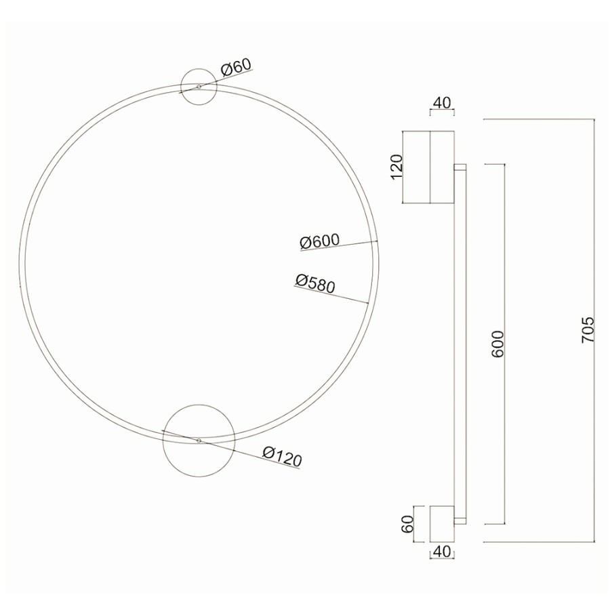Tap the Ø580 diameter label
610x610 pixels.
315,283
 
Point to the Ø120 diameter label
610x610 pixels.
282,457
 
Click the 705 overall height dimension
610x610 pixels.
588,329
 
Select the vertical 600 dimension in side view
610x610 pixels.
497,344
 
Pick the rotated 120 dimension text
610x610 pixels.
396,167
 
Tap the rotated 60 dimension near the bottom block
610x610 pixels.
407,524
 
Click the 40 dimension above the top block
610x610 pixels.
441,103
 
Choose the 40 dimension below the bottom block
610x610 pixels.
441,551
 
